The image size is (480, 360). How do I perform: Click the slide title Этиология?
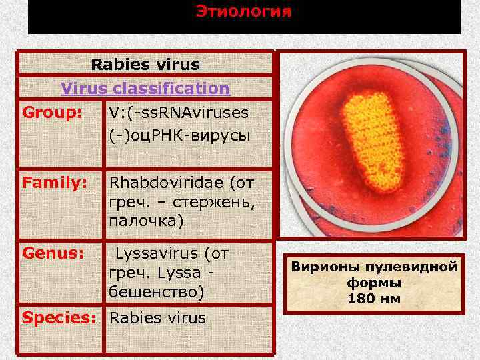point(243,12)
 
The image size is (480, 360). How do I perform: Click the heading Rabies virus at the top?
point(145,65)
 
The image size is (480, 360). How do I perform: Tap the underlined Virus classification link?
point(145,88)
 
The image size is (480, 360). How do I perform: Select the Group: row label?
point(52,111)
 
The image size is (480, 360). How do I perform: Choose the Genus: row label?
point(53,253)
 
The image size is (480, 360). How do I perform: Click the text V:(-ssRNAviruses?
point(179,112)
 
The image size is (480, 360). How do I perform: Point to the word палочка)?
point(146,220)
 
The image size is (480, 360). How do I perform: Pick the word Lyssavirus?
point(157,253)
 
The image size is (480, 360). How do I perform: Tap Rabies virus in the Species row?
point(157,317)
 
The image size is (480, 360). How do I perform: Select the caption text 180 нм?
point(374,298)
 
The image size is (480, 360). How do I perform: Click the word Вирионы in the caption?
point(325,267)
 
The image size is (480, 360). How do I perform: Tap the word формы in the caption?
point(374,283)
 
